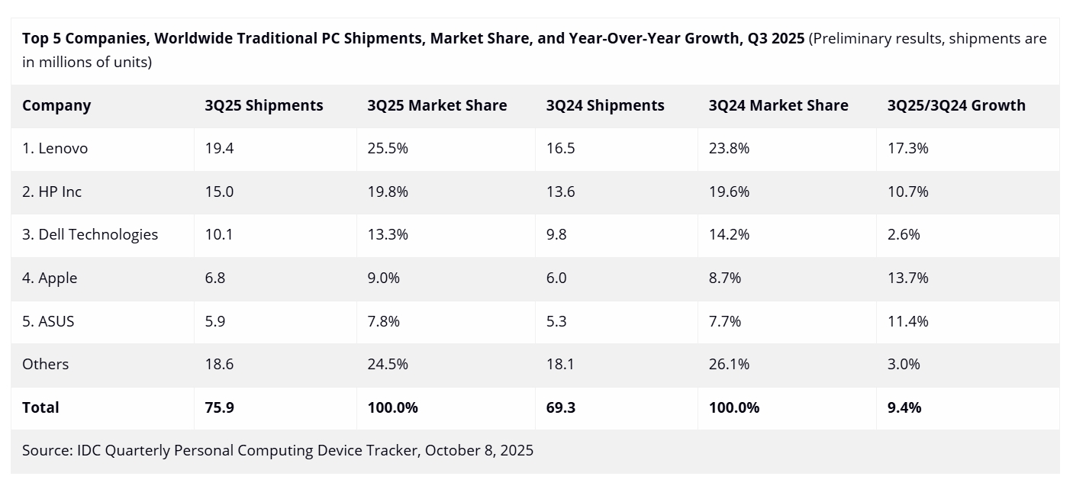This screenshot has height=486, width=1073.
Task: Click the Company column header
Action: tap(56, 106)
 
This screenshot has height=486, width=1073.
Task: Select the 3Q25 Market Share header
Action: tap(437, 106)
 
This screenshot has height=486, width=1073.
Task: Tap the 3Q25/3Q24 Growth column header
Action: tap(956, 106)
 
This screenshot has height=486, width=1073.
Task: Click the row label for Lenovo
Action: tap(55, 149)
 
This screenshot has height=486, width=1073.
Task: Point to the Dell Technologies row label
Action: tap(90, 235)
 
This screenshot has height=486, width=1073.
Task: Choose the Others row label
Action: tap(45, 365)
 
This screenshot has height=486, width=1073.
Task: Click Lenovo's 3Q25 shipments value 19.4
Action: tap(219, 149)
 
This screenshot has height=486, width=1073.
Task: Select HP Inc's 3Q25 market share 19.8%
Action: tap(387, 192)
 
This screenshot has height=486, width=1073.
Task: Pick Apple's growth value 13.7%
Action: tap(907, 278)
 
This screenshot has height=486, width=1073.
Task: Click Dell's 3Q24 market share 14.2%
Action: tap(729, 235)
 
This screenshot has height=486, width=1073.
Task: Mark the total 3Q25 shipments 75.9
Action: tap(219, 408)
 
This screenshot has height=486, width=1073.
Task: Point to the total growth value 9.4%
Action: tap(904, 408)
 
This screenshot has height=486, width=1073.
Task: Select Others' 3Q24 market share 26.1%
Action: tap(729, 365)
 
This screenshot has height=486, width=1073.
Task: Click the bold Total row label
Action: tap(40, 408)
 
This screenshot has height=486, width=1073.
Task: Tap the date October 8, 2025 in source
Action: tap(479, 451)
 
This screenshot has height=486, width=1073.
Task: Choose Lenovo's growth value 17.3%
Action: tap(907, 149)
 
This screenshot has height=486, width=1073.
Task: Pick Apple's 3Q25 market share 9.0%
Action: tap(383, 278)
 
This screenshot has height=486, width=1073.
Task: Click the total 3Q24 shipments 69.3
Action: tap(560, 408)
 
